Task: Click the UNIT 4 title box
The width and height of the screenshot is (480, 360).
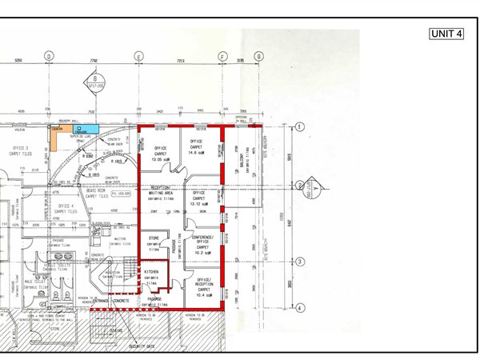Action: coord(447,34)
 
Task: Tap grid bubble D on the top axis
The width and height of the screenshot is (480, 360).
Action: coord(49,56)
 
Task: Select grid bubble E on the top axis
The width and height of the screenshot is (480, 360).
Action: coord(138,56)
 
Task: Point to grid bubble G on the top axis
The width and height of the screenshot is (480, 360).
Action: coord(258,56)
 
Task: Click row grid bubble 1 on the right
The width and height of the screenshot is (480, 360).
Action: coord(298,126)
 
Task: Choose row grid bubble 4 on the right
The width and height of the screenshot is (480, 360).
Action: coord(298,307)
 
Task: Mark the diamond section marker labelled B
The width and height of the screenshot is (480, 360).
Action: coord(94,80)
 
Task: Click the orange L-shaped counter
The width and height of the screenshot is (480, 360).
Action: coord(53,135)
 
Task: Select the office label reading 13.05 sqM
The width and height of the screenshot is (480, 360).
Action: coord(160,154)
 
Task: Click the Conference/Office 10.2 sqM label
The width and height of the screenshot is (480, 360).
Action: coord(204,246)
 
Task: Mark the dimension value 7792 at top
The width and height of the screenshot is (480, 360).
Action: coord(93,61)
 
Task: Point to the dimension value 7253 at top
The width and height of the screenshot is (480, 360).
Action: coord(181,61)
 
